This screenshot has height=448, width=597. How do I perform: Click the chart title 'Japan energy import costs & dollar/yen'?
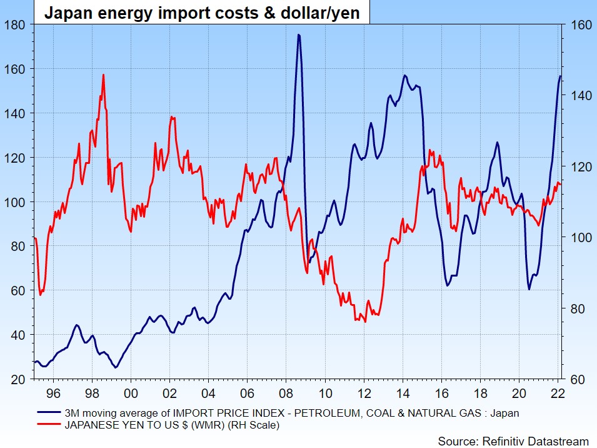(x=201, y=13)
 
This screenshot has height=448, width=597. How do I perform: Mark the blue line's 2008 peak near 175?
(x=299, y=35)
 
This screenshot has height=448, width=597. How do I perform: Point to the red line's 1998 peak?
(x=103, y=75)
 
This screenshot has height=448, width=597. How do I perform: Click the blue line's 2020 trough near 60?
(x=529, y=289)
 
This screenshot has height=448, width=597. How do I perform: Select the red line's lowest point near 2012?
(x=365, y=322)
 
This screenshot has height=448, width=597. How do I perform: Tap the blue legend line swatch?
(x=49, y=412)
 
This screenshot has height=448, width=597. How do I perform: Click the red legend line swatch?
(x=49, y=425)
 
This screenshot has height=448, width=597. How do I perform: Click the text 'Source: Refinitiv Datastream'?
(x=513, y=440)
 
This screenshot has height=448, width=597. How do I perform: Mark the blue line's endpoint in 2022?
(x=561, y=76)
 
